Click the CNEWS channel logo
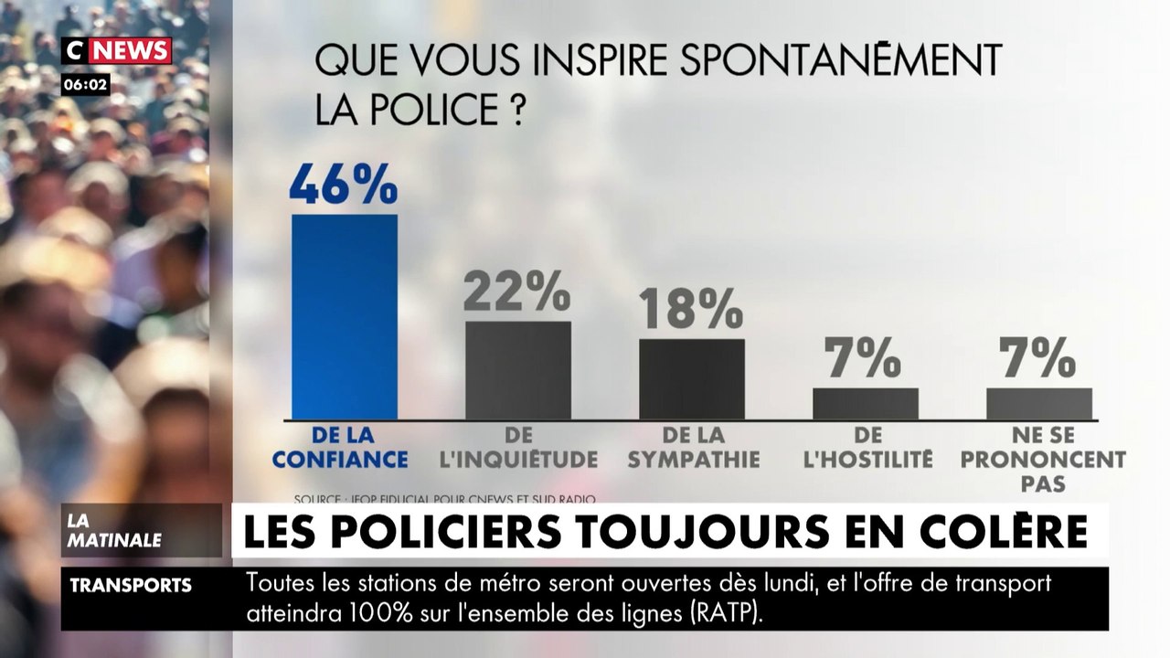tap(116, 50)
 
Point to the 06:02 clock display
tap(86, 85)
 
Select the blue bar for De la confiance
tap(345, 316)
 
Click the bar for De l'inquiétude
tap(517, 370)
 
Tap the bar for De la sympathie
tap(691, 379)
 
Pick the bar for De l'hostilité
tap(865, 403)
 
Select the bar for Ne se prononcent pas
tap(1038, 403)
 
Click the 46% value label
tap(344, 184)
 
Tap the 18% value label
tap(691, 309)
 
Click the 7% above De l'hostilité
tap(865, 358)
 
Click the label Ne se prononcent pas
tap(1043, 460)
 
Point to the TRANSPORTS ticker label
tap(131, 586)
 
